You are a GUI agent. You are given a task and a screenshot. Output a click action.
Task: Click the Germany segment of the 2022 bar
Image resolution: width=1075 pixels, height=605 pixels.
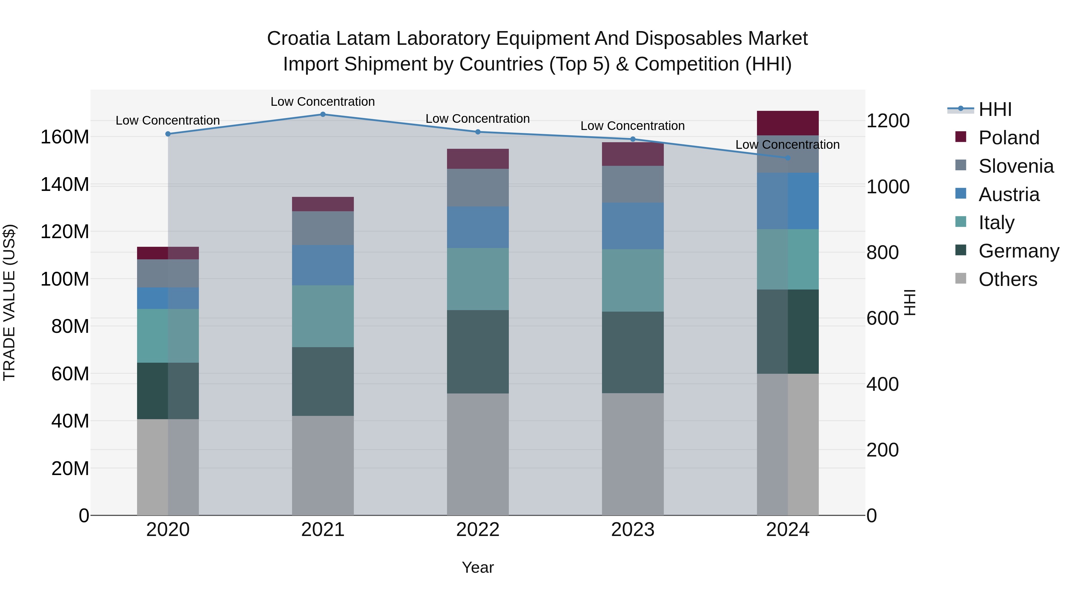(477, 352)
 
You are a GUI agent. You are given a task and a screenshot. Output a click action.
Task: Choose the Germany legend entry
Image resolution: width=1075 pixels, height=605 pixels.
(1018, 251)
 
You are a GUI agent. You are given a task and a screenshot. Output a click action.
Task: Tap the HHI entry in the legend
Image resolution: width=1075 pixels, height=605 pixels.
(995, 109)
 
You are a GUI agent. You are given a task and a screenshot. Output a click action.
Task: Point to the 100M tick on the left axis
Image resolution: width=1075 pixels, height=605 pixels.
(65, 279)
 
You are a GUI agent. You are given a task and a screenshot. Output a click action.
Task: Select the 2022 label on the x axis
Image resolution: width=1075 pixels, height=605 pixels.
(477, 530)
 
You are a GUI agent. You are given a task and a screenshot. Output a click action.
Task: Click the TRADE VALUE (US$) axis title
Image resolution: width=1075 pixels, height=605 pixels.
(9, 302)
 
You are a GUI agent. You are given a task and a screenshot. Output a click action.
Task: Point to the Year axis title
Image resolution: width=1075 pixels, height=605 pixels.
(477, 567)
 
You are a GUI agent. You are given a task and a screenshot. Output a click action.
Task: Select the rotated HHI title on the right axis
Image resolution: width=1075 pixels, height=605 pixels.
(910, 302)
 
